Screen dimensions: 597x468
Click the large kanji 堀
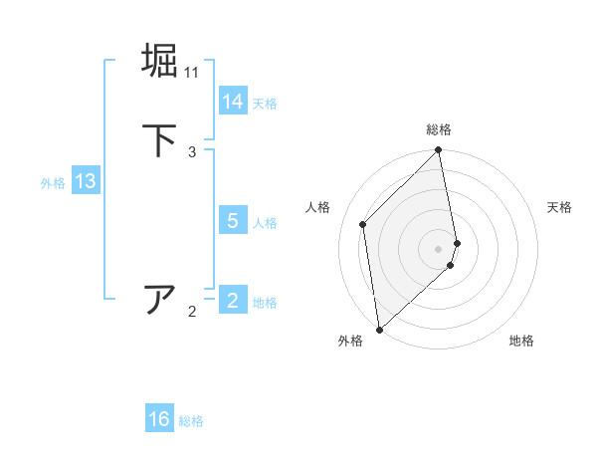pos(160,60)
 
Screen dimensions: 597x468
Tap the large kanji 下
pos(160,140)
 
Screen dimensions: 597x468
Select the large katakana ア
pos(160,298)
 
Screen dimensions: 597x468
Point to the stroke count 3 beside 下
pos(192,152)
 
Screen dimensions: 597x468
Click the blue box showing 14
pos(233,102)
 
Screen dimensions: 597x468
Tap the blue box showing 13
pos(85,181)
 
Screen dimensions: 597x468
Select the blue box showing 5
pos(233,221)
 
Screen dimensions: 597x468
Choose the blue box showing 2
pos(233,301)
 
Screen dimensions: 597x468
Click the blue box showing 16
pos(159,419)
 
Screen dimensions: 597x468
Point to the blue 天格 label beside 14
pos(265,104)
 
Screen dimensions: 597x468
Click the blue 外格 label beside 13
pos(53,183)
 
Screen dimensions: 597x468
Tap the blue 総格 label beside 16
pos(191,421)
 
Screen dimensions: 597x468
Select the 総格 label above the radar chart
pos(439,130)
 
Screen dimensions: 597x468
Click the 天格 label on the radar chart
pos(559,207)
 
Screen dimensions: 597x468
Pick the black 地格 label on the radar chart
pos(521,341)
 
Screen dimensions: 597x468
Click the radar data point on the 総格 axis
pos(439,150)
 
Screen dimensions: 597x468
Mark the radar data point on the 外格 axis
pos(378,329)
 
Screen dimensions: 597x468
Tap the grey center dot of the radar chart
pos(439,248)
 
